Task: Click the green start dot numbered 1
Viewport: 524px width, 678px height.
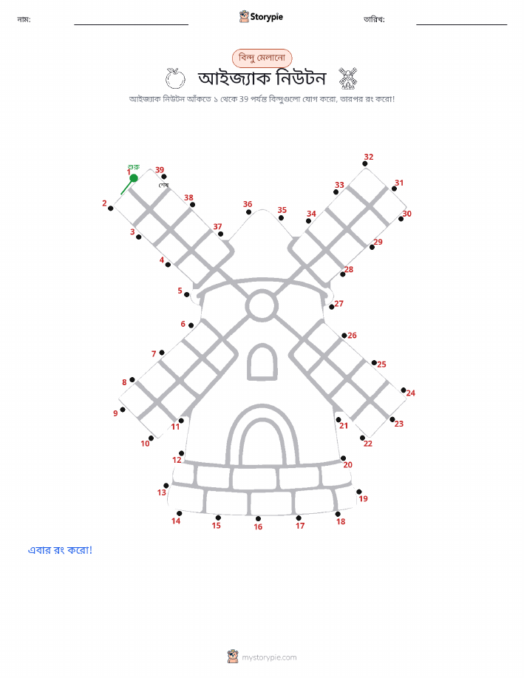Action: [x=134, y=177]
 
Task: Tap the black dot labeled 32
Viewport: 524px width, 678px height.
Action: [x=365, y=164]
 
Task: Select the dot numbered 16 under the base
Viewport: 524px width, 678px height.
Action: [x=258, y=518]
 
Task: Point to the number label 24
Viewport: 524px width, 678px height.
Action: [x=411, y=393]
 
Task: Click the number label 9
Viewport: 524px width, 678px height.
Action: [x=115, y=413]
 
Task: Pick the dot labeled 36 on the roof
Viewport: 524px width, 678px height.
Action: [x=248, y=212]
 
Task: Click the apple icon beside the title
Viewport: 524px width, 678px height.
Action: [x=175, y=78]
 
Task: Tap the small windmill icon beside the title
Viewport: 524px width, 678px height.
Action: [x=347, y=78]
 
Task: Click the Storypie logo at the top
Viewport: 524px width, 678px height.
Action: [x=261, y=17]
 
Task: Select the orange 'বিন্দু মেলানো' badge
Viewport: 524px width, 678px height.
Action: [x=262, y=58]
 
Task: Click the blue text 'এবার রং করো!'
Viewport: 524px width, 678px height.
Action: [x=60, y=550]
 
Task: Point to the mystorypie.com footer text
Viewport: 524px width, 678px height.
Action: [x=269, y=658]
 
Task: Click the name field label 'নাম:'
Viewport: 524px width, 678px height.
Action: [x=24, y=19]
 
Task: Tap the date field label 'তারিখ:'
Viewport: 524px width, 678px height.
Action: [x=374, y=19]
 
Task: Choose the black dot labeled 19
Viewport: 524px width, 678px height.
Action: [x=359, y=492]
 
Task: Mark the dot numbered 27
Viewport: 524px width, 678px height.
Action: [x=332, y=307]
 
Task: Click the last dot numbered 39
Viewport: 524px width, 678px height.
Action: [x=164, y=177]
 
